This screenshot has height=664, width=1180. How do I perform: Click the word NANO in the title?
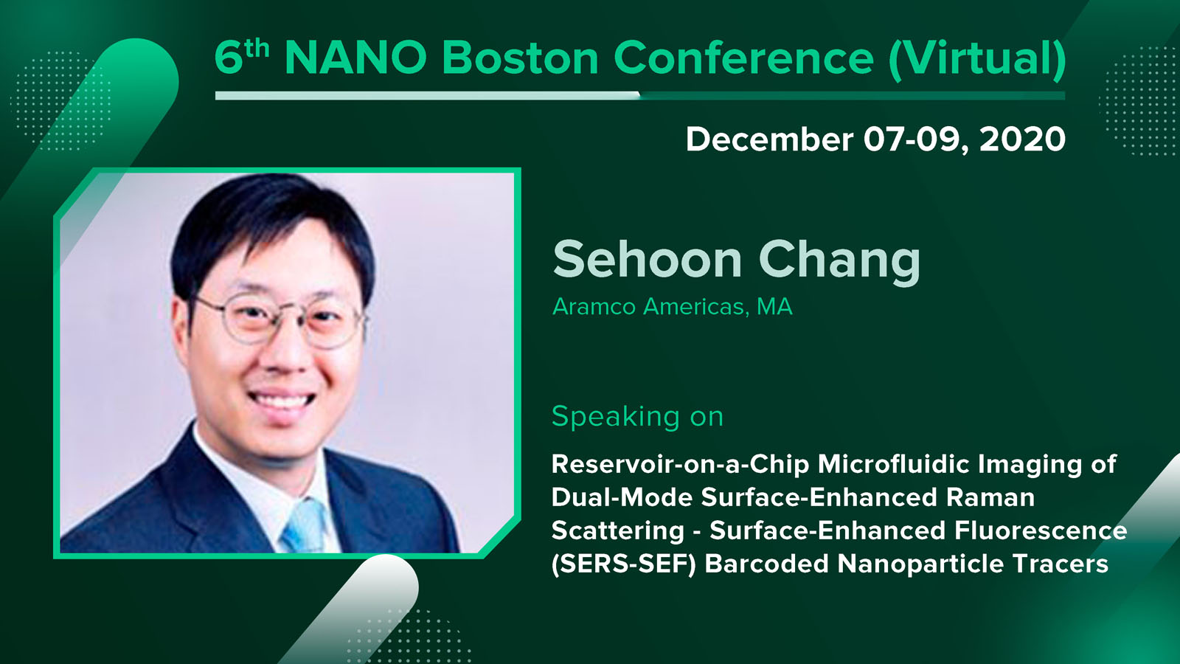click(355, 58)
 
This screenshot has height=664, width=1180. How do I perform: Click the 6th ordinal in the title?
click(242, 56)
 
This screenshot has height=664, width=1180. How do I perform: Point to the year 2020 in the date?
click(1022, 139)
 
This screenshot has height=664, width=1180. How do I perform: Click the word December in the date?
click(769, 139)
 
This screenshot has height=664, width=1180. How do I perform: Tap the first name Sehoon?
click(648, 259)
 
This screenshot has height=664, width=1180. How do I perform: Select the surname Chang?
click(840, 261)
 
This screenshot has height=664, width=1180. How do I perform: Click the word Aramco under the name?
click(594, 307)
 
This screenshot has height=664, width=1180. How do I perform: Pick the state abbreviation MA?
click(774, 307)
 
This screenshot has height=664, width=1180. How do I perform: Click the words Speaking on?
click(637, 418)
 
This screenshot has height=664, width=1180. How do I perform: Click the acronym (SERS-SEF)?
click(624, 564)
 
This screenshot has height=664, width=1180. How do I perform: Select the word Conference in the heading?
click(743, 58)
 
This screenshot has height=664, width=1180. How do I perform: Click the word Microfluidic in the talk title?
click(894, 465)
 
